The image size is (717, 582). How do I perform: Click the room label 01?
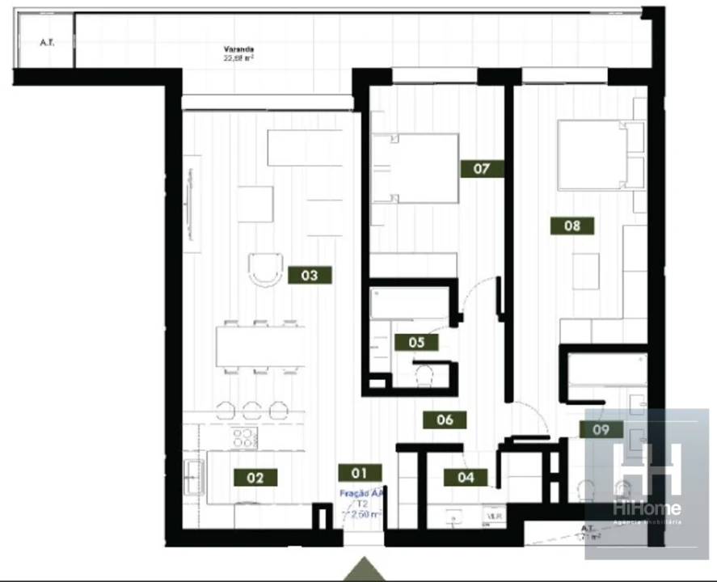point(360,473)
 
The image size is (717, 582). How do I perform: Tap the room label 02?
point(255,478)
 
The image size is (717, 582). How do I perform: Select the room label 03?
point(309,275)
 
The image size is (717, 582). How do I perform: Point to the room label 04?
point(466,477)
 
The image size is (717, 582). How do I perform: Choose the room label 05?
point(416,342)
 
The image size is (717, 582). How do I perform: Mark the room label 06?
point(445,420)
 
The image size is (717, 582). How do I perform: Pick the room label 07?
point(482,169)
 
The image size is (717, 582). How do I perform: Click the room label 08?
point(572,226)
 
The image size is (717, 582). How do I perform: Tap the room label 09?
point(601,429)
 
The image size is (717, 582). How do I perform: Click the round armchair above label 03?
point(266,268)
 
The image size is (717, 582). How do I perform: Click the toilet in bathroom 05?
point(424,377)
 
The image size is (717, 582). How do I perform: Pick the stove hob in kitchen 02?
point(244,438)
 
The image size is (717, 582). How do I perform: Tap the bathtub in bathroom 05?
point(410,303)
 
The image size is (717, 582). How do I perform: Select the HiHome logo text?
point(647,508)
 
